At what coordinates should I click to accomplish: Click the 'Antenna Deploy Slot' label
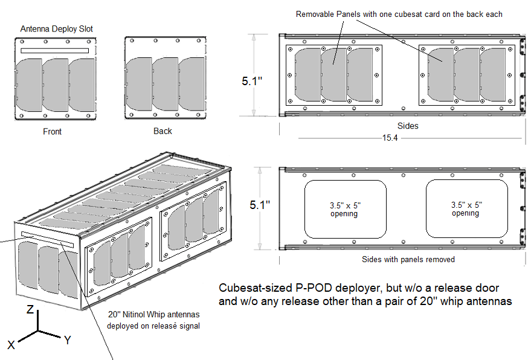click(57, 29)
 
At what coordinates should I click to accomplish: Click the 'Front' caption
click(53, 131)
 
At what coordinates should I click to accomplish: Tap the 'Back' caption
click(163, 131)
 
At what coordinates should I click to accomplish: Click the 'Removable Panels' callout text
click(399, 14)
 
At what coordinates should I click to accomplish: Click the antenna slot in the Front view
click(55, 51)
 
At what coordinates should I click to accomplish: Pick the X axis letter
click(11, 345)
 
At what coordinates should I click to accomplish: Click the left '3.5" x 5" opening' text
click(344, 209)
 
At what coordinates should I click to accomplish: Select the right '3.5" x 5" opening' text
click(466, 209)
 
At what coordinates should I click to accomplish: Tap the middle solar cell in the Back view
click(164, 85)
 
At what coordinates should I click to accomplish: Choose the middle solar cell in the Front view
click(55, 85)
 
